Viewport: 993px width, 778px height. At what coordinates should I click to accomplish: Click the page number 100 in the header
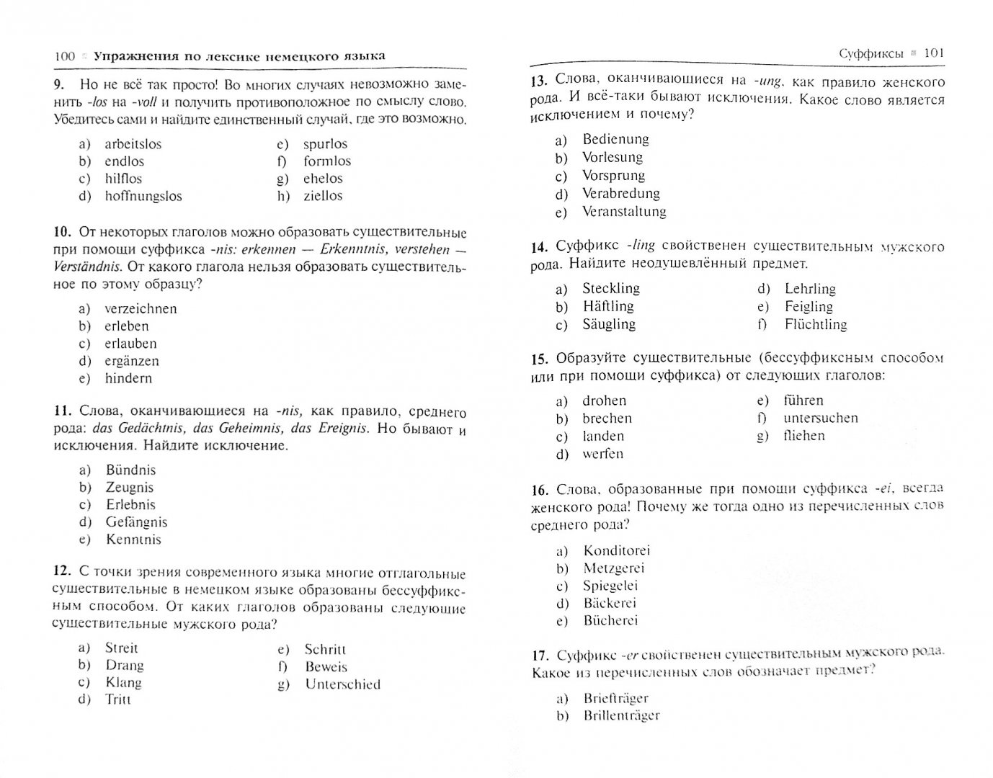pos(65,56)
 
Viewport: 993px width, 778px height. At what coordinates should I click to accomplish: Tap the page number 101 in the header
pos(933,53)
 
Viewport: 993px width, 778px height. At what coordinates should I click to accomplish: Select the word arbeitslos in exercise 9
pos(133,144)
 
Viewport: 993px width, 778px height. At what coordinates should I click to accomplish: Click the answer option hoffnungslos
pos(143,196)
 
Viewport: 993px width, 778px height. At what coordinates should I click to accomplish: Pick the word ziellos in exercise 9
pos(323,196)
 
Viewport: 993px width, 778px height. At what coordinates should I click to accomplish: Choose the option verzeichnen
pos(141,309)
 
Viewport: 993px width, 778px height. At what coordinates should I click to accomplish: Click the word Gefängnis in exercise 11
pos(136,522)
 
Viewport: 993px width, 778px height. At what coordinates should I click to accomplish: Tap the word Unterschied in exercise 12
pos(342,684)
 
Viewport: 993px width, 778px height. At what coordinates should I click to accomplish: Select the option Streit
pos(121,648)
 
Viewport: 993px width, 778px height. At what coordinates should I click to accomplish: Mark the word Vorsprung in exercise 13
pos(613,176)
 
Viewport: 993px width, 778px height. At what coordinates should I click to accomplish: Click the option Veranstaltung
pos(624,212)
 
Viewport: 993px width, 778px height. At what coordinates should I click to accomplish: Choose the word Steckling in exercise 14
pos(611,288)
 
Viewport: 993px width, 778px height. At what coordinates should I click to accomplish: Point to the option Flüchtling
pos(816,324)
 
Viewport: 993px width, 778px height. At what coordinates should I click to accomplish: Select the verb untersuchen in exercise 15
pos(821,418)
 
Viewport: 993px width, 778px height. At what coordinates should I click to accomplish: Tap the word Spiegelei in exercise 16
pos(610,586)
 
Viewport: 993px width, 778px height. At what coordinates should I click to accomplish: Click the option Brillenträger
pos(622,715)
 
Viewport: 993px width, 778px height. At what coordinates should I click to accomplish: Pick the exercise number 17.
pos(540,655)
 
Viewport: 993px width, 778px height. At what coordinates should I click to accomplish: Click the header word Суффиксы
pos(870,53)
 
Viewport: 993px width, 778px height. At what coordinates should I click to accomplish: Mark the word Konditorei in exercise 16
pos(617,551)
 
